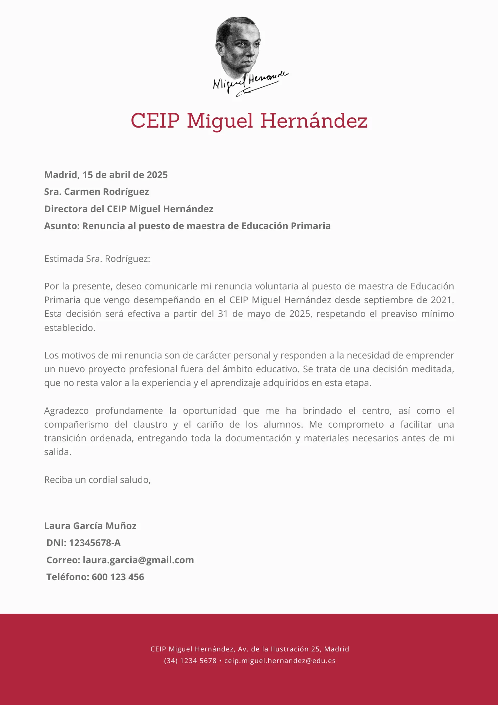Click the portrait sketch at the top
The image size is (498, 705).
[x=238, y=46]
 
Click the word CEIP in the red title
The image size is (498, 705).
[x=155, y=121]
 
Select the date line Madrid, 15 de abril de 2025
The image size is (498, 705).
[x=106, y=175]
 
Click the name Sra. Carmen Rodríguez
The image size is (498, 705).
[x=97, y=192]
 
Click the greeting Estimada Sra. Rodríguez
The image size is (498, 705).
[x=97, y=259]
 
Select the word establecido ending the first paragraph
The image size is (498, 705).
[x=69, y=328]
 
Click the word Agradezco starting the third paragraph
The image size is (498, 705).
[x=66, y=411]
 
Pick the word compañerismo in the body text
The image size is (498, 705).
[x=76, y=424]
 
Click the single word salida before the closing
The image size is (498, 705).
[x=57, y=452]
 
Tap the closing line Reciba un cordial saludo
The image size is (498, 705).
[x=97, y=480]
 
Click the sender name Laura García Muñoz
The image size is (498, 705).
[x=90, y=526]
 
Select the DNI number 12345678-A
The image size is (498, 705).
[x=95, y=543]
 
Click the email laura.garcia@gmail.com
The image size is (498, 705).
[x=138, y=560]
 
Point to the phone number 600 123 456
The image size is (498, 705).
[x=118, y=577]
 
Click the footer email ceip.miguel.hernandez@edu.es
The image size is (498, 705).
[x=280, y=661]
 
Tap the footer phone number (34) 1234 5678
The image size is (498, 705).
[x=190, y=661]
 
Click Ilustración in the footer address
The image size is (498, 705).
[x=290, y=649]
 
